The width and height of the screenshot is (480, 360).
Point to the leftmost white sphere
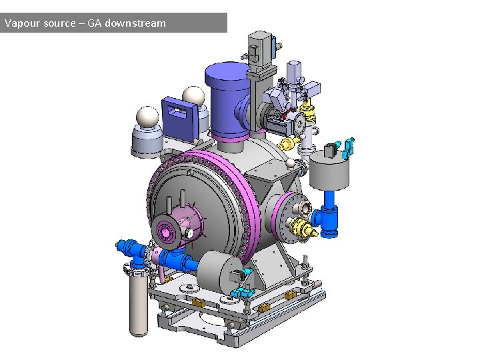pos(147,117)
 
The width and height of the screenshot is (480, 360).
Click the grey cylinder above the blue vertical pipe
pos(329,170)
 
